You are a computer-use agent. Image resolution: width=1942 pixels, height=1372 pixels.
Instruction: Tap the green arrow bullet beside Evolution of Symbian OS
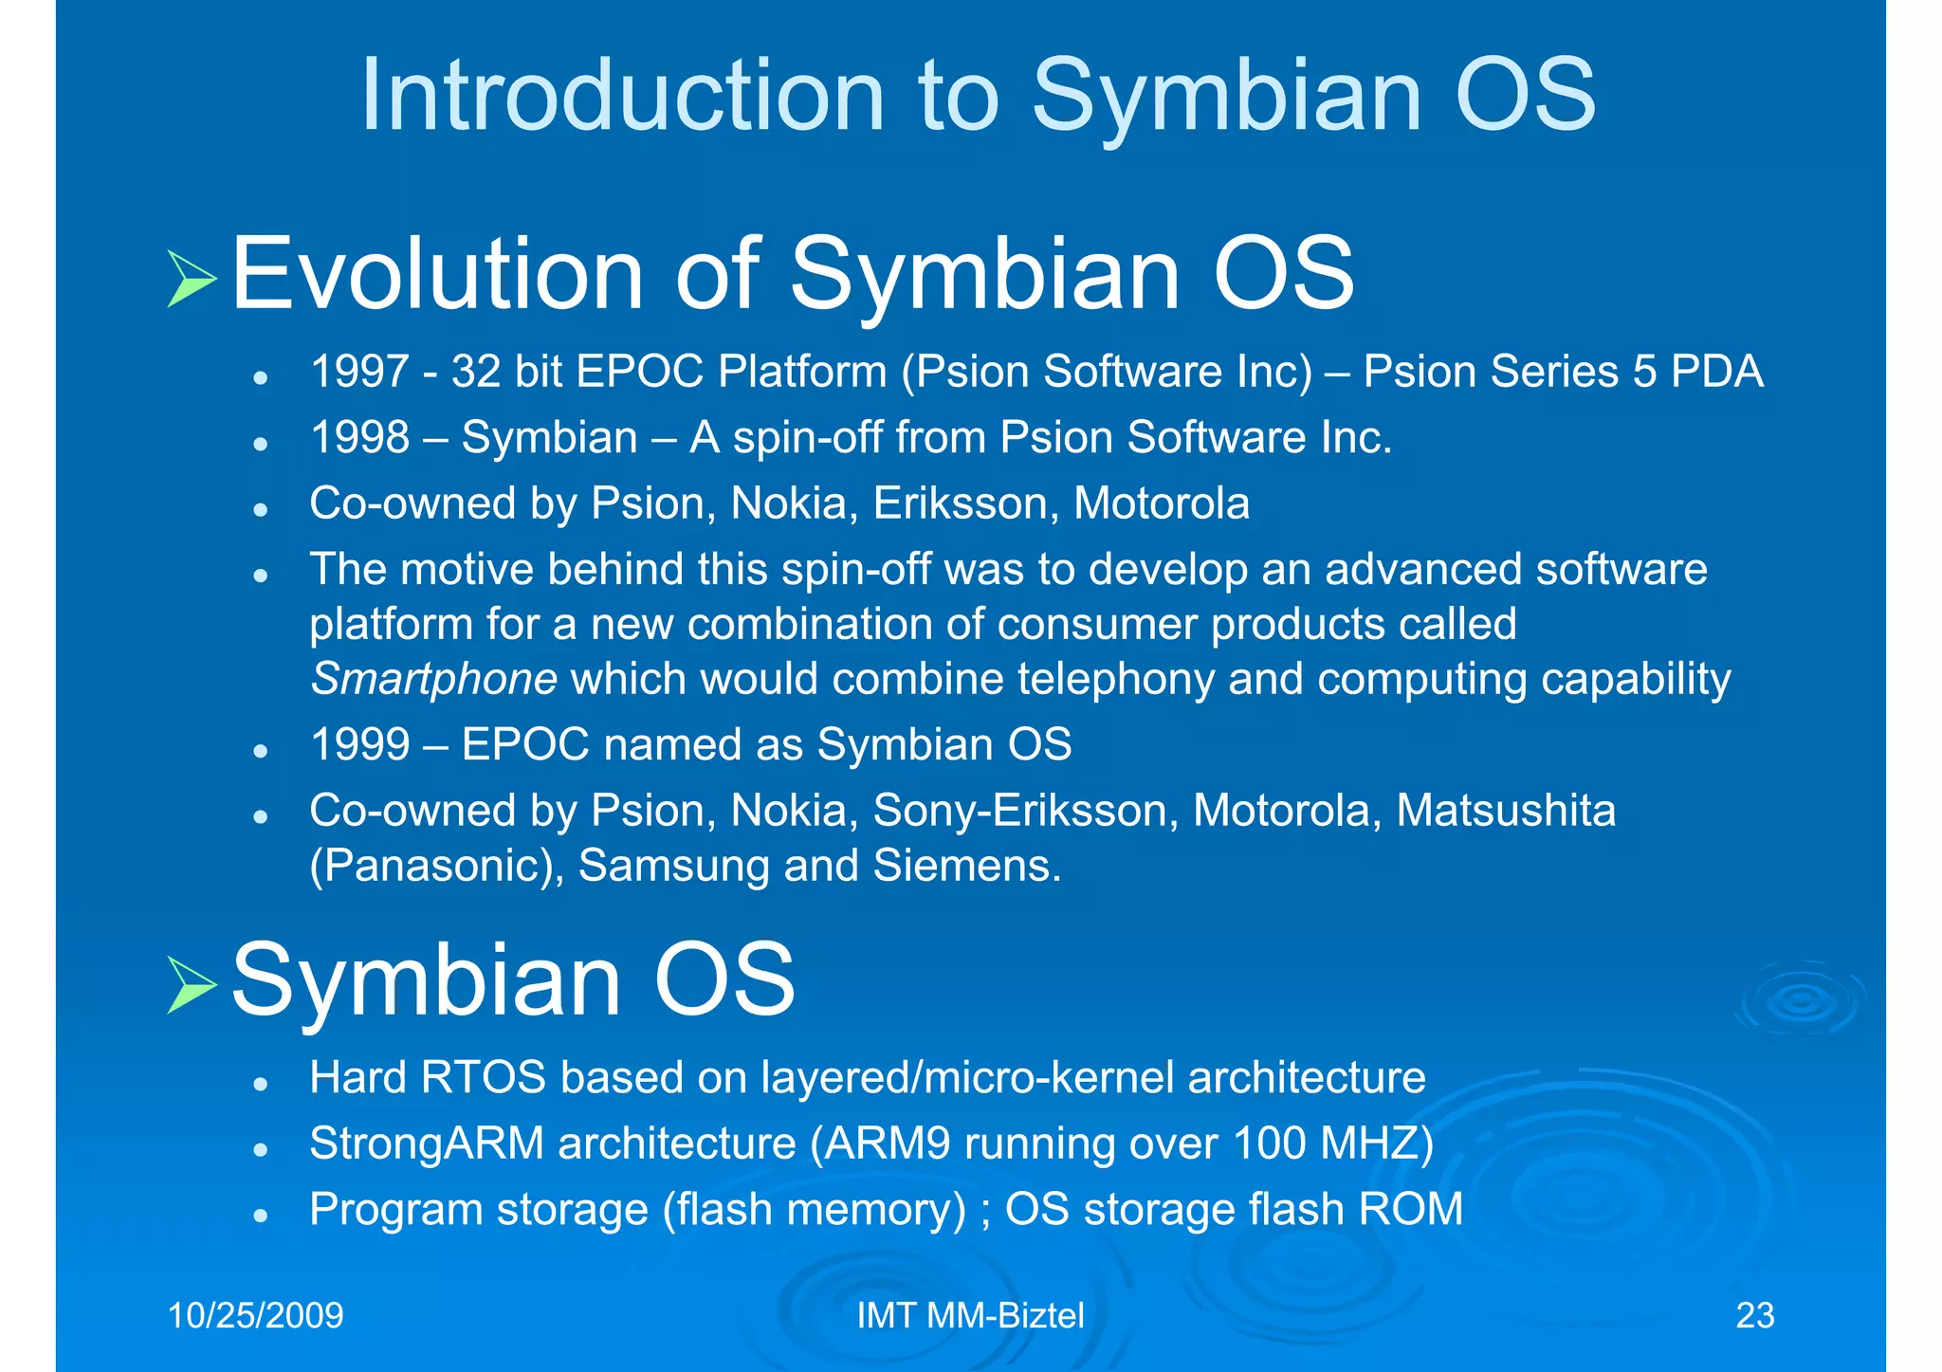click(192, 279)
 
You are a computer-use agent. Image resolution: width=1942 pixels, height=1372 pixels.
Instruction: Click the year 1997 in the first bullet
click(359, 371)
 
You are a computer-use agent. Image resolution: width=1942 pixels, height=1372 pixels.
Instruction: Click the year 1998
click(359, 437)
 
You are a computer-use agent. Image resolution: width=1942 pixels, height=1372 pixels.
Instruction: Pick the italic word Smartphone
click(433, 680)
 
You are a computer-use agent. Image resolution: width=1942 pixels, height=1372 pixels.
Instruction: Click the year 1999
click(359, 744)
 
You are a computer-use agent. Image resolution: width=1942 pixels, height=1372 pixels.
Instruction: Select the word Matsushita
click(1506, 811)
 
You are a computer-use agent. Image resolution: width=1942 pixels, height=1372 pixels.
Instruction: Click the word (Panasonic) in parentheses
click(437, 866)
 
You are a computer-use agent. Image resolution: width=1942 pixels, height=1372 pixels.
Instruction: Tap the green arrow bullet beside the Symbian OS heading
click(192, 985)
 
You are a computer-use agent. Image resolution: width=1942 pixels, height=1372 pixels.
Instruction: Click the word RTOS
click(483, 1078)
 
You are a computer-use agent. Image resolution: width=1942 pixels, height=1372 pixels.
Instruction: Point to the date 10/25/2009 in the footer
click(255, 1316)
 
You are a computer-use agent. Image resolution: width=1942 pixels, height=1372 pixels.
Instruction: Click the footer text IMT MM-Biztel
click(970, 1316)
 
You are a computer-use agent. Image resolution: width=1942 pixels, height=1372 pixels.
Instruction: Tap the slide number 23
click(1754, 1316)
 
